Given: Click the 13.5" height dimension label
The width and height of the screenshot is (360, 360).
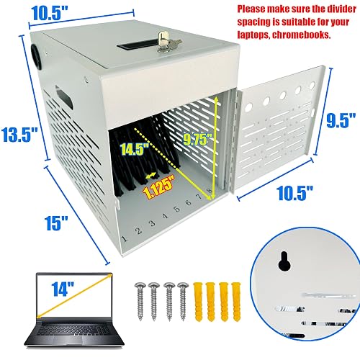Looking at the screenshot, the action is [19, 135].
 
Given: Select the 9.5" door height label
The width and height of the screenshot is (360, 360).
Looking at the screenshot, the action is [341, 120].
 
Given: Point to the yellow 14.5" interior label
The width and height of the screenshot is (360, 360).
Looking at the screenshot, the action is [135, 149].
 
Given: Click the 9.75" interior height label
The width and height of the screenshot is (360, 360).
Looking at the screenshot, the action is [198, 140].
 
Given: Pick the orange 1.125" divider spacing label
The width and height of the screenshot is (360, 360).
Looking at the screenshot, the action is [158, 187].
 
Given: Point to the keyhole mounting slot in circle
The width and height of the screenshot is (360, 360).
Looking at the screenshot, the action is [284, 261].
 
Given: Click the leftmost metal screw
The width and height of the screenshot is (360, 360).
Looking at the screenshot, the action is [140, 301].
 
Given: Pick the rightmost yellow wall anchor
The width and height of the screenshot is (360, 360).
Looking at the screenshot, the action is [236, 302].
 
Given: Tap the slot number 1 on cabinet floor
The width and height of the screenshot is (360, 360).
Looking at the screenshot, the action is [125, 238].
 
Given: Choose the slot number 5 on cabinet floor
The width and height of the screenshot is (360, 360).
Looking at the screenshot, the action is [177, 209].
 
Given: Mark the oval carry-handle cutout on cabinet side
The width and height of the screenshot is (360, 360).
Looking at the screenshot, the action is [64, 96].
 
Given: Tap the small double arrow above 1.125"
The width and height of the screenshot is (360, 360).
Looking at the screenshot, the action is [151, 176].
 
